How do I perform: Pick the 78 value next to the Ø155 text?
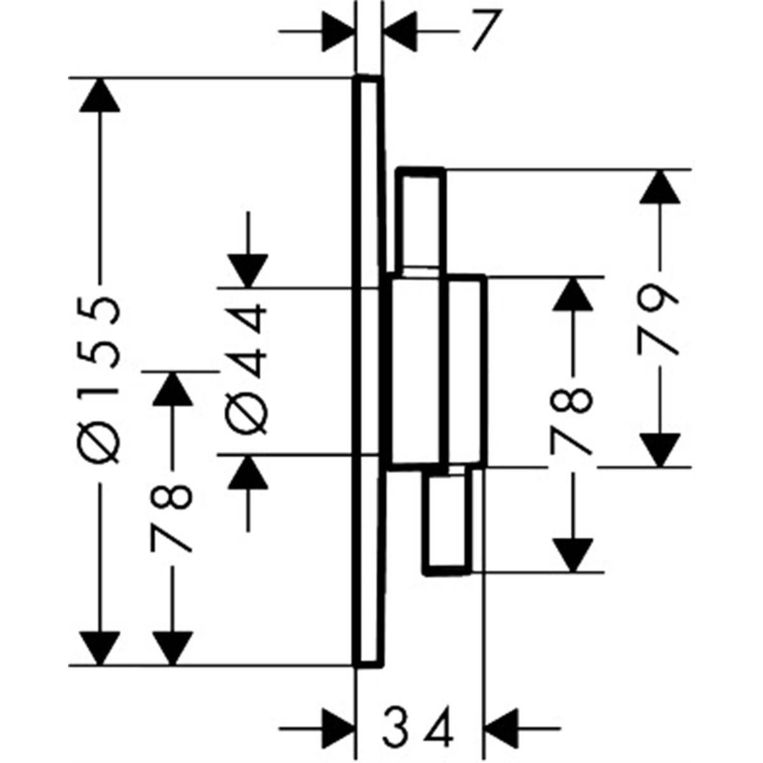[172, 519]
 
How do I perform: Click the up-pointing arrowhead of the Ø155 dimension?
[99, 95]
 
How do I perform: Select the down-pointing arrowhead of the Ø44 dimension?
[248, 271]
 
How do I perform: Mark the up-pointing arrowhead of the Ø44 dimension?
[248, 473]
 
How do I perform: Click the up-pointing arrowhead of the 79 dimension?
[660, 187]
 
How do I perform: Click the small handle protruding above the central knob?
[422, 221]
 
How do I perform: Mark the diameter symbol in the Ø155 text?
[99, 443]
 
